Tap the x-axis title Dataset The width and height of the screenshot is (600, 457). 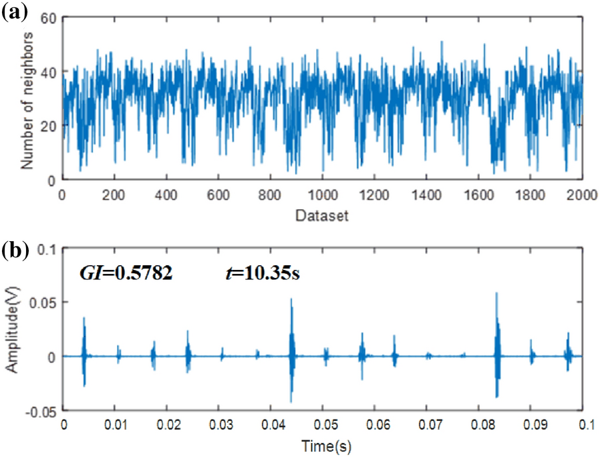[x=323, y=216]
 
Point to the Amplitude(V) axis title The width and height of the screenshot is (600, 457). [x=12, y=329]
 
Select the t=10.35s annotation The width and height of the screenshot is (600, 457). [x=261, y=273]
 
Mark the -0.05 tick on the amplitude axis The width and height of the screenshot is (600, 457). [x=43, y=410]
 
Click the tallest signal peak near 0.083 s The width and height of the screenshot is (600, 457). [x=496, y=294]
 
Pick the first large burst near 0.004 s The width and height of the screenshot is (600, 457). [x=84, y=319]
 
